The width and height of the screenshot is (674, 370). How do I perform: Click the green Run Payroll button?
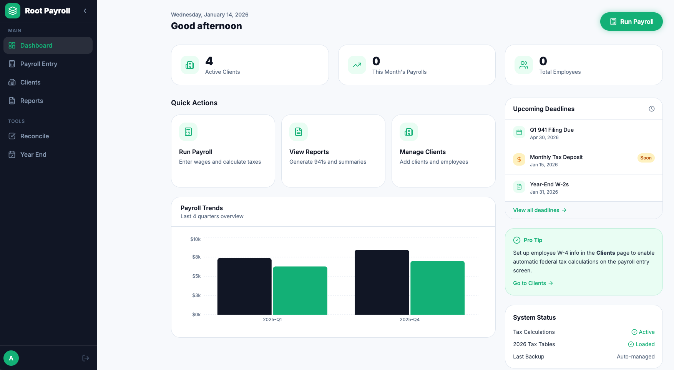click(x=631, y=22)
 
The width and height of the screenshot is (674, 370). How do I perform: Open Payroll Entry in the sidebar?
click(x=38, y=64)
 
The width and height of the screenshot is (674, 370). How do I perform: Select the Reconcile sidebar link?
click(x=34, y=136)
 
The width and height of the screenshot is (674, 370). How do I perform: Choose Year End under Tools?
click(x=33, y=154)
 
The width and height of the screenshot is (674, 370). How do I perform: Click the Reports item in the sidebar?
click(x=32, y=101)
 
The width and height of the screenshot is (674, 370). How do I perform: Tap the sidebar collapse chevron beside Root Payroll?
click(x=85, y=11)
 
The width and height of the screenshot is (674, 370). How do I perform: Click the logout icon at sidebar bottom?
click(x=86, y=358)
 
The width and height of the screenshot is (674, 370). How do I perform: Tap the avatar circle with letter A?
click(x=11, y=358)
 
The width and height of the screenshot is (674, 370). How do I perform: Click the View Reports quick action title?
click(x=309, y=152)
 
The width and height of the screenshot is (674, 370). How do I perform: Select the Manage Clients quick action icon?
click(x=409, y=132)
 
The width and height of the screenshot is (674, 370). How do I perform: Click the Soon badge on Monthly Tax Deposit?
click(x=646, y=158)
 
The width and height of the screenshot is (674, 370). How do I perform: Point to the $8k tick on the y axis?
click(x=196, y=257)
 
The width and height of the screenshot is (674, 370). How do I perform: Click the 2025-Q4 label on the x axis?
click(x=409, y=320)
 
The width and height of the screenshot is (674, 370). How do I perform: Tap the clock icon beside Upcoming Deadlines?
click(x=652, y=109)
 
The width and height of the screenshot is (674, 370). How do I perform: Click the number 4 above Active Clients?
click(x=209, y=61)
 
